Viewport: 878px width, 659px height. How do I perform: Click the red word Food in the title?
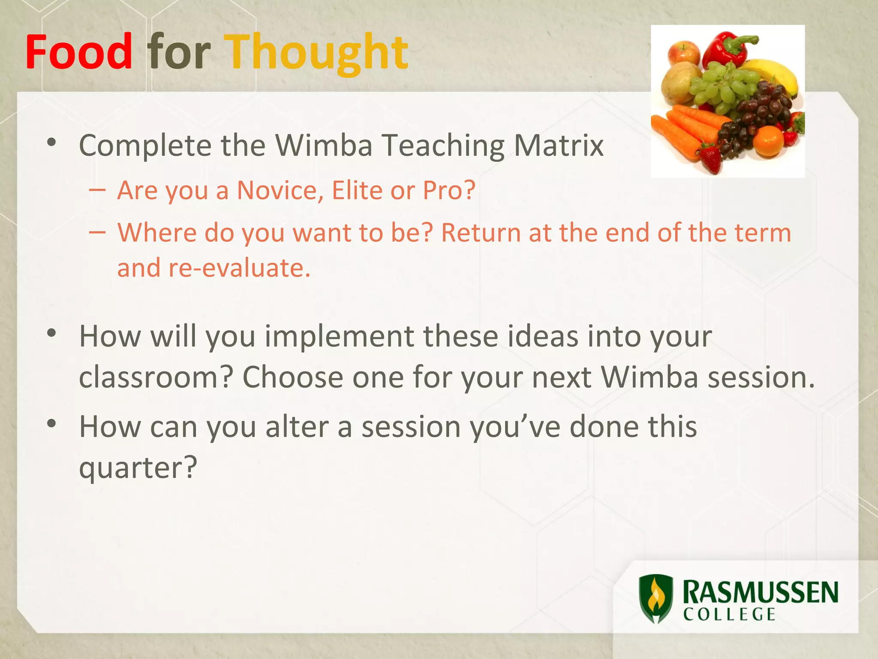click(x=79, y=52)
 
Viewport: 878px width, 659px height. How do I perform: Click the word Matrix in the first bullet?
click(x=559, y=145)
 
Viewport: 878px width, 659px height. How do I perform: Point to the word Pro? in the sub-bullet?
click(x=449, y=190)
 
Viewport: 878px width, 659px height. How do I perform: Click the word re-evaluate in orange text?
click(x=239, y=268)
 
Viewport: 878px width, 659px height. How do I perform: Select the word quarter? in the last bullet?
click(x=138, y=468)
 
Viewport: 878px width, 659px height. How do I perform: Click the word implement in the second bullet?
click(x=339, y=336)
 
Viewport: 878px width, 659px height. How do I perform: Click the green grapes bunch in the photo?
click(x=725, y=86)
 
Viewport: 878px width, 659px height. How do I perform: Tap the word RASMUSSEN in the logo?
click(x=760, y=592)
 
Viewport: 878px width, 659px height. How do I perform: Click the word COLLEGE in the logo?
click(x=729, y=615)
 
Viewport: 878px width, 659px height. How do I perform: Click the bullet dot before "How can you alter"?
click(x=52, y=424)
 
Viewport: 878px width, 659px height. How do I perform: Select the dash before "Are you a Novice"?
click(x=98, y=189)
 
